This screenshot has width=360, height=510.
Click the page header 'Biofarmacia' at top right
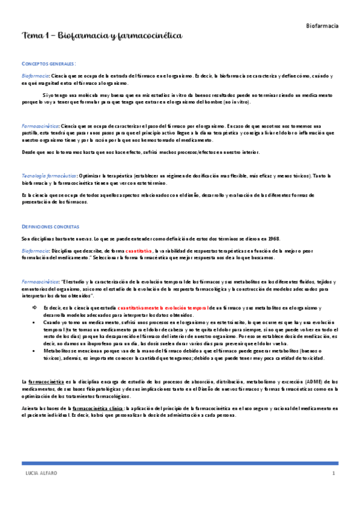click(x=322, y=26)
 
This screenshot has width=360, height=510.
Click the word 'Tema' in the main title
click(x=31, y=37)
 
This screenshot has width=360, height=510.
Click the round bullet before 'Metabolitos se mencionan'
click(x=34, y=349)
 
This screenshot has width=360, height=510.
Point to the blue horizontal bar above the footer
click(x=180, y=464)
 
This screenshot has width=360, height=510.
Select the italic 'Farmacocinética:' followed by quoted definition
click(x=40, y=281)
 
